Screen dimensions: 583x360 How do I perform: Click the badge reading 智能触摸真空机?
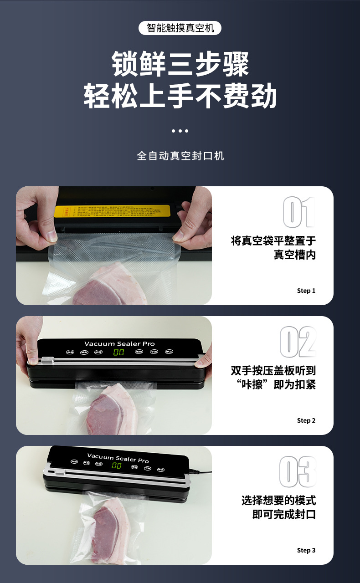[180, 28]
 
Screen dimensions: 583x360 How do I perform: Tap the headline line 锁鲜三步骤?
[180, 64]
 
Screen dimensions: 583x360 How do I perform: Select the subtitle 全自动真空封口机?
[180, 156]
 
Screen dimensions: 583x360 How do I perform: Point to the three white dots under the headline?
[180, 131]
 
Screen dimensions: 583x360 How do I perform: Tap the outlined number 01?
[298, 212]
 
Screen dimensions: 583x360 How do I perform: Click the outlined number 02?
[298, 342]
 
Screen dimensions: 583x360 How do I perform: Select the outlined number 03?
[298, 471]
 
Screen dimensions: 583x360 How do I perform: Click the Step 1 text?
[306, 291]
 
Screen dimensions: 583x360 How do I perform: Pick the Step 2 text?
[306, 420]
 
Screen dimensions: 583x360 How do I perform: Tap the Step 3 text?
[306, 550]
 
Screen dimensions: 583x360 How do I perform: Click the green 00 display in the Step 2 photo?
[119, 352]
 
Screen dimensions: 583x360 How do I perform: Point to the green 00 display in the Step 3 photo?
[117, 465]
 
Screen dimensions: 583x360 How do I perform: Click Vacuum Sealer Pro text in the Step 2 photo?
[119, 343]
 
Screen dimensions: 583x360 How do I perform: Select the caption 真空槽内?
[294, 255]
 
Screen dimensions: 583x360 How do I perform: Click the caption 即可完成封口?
[284, 515]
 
